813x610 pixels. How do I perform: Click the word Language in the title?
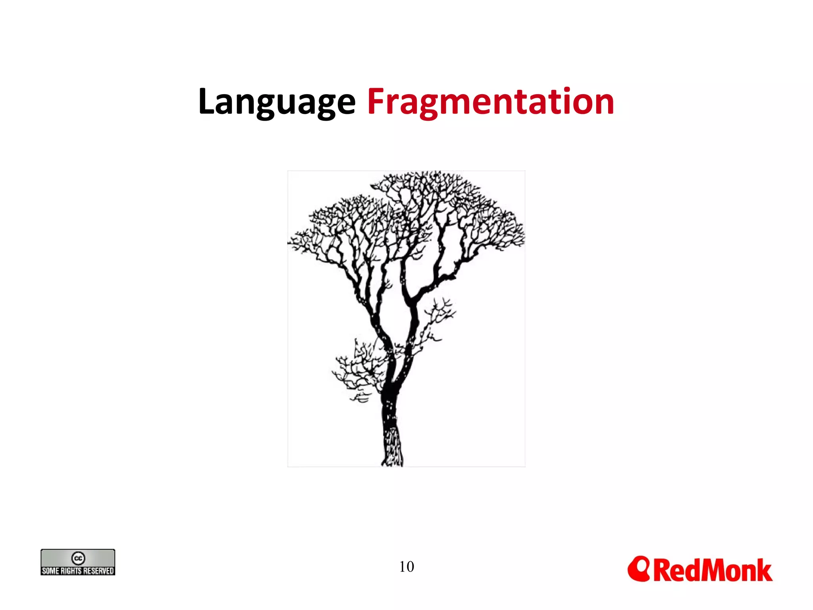pyautogui.click(x=277, y=102)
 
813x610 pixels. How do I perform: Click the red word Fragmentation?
pyautogui.click(x=491, y=102)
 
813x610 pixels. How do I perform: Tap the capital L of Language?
pyautogui.click(x=207, y=101)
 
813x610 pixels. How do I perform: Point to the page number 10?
pyautogui.click(x=406, y=567)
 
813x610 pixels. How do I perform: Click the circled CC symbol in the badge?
pyautogui.click(x=78, y=558)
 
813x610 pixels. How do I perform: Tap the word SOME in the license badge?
pyautogui.click(x=50, y=571)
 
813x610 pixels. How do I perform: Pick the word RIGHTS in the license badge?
pyautogui.click(x=71, y=571)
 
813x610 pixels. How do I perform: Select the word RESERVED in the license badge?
pyautogui.click(x=98, y=571)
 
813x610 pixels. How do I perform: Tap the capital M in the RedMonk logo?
pyautogui.click(x=701, y=571)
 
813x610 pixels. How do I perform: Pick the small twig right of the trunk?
pyautogui.click(x=439, y=314)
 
